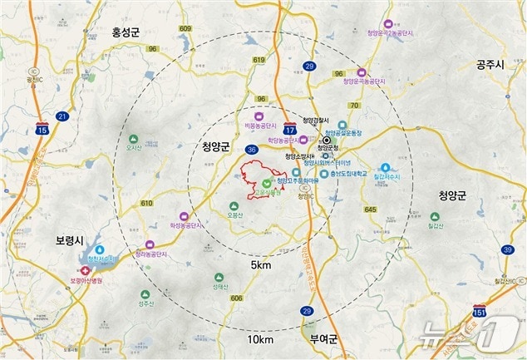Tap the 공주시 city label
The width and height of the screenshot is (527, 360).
[x=491, y=64]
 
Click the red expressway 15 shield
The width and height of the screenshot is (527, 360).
[x=42, y=131]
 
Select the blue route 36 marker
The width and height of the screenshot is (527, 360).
[x=252, y=150]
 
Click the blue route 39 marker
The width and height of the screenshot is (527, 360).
[x=507, y=249]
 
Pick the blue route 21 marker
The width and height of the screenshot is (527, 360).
[x=62, y=116]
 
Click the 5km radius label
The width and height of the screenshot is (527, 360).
[x=261, y=264]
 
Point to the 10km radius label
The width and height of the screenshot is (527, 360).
[x=261, y=340]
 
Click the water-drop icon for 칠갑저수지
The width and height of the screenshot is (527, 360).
[x=385, y=166]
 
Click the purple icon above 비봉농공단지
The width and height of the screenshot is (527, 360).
[x=259, y=117]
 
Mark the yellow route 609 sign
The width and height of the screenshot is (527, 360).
[x=185, y=28]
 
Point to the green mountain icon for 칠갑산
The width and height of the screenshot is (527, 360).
[x=455, y=214]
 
